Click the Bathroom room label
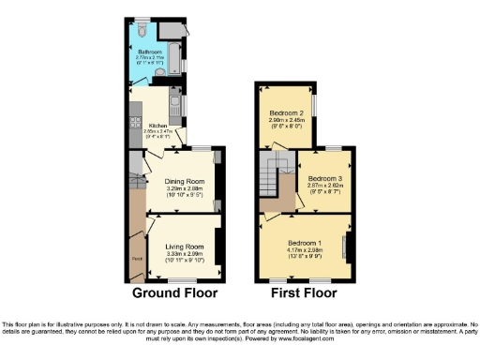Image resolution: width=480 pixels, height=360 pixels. pyautogui.click(x=150, y=52)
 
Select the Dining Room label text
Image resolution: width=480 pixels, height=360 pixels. pyautogui.click(x=184, y=181)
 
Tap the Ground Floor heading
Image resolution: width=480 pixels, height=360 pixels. pyautogui.click(x=176, y=292)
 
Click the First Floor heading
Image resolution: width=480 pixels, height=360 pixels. pyautogui.click(x=305, y=292)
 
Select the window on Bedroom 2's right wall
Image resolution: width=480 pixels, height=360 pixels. pyautogui.click(x=314, y=102)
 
